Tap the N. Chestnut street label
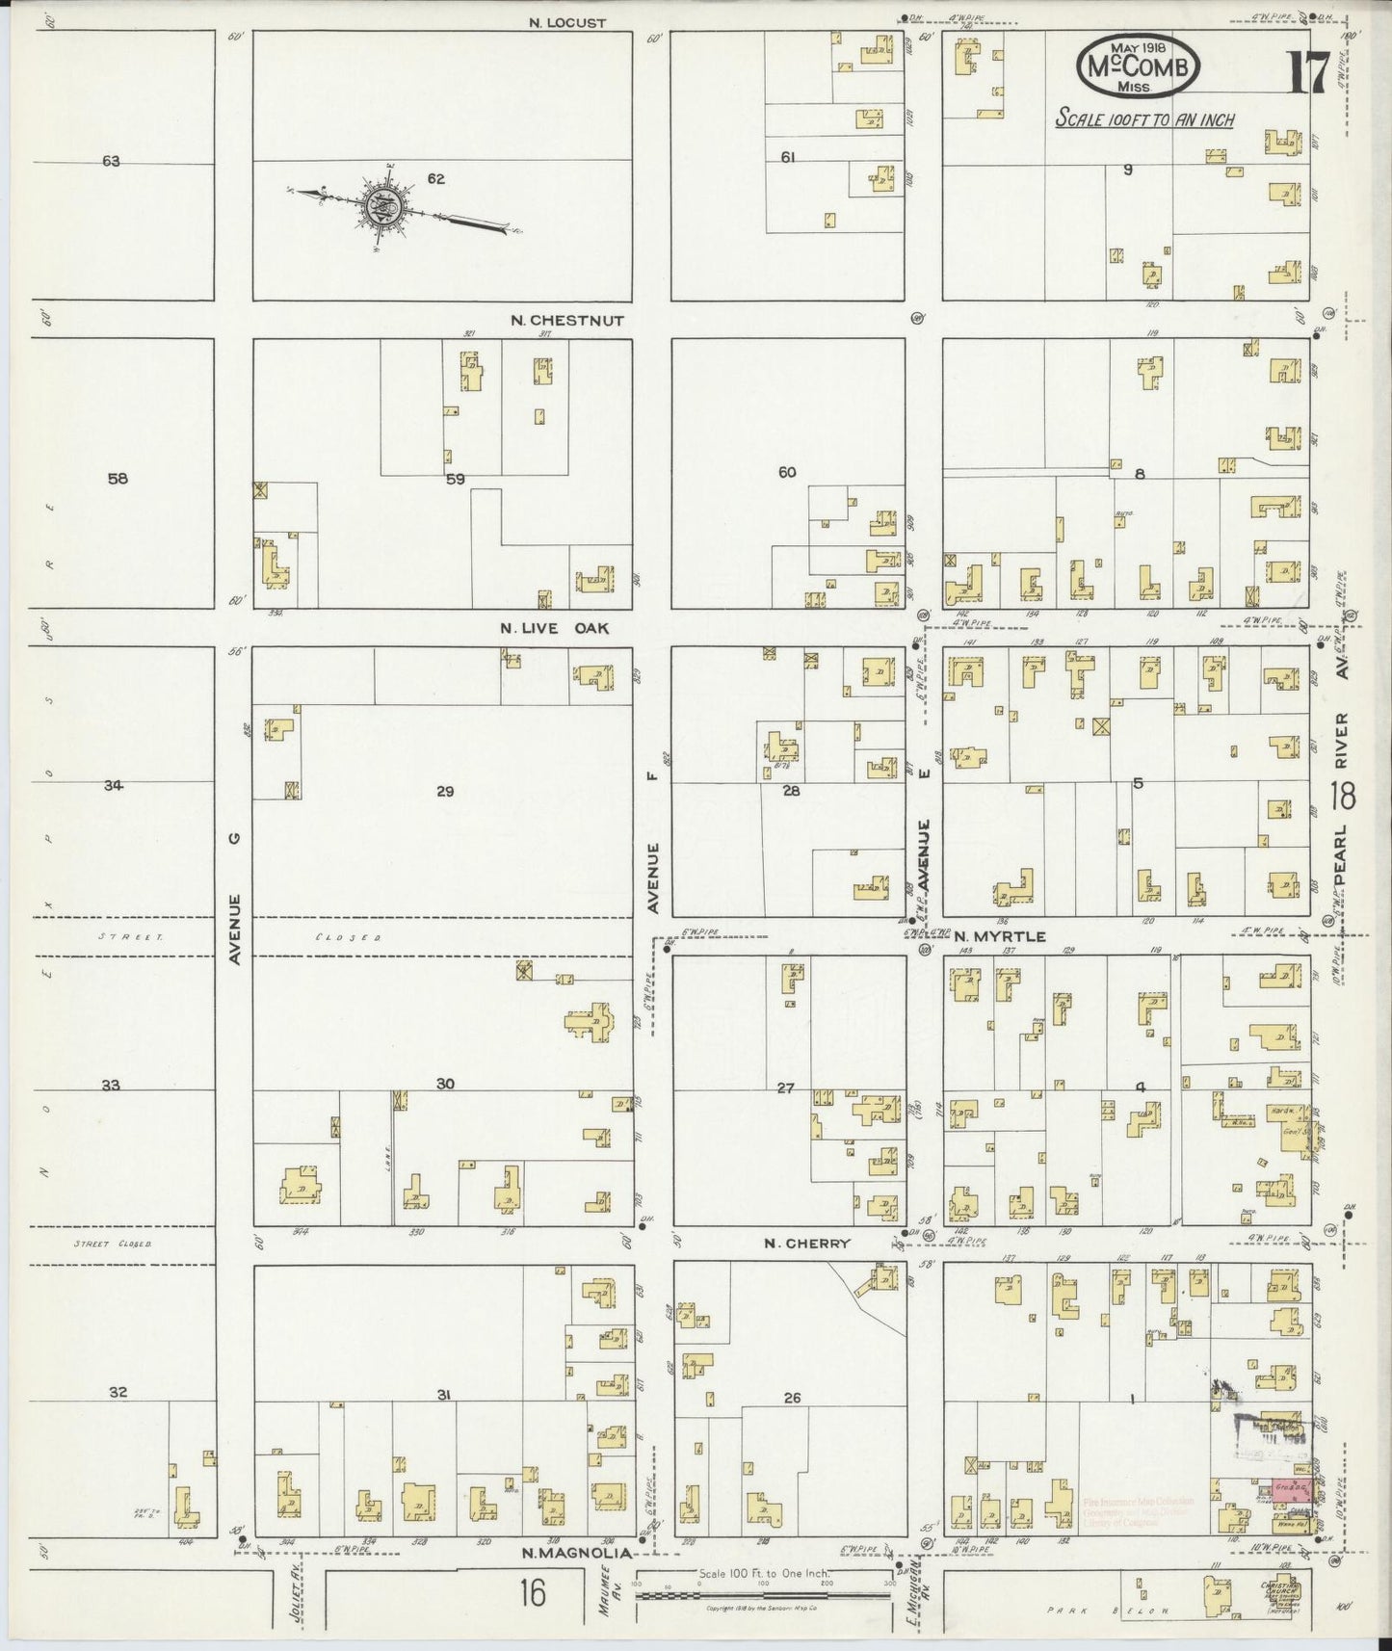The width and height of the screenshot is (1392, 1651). [567, 321]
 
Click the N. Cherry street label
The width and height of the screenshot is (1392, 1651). [807, 1244]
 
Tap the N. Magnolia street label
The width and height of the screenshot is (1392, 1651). [578, 1552]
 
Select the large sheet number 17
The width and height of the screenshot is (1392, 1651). [1307, 73]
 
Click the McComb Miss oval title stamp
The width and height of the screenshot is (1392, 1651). [1139, 66]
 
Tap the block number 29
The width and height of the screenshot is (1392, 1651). [444, 792]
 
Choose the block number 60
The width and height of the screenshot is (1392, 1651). [788, 472]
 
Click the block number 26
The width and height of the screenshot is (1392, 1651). [792, 1397]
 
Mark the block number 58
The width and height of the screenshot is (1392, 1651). [118, 479]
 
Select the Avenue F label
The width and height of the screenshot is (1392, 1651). [653, 878]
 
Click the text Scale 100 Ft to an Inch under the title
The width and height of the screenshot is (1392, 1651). [1144, 120]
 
